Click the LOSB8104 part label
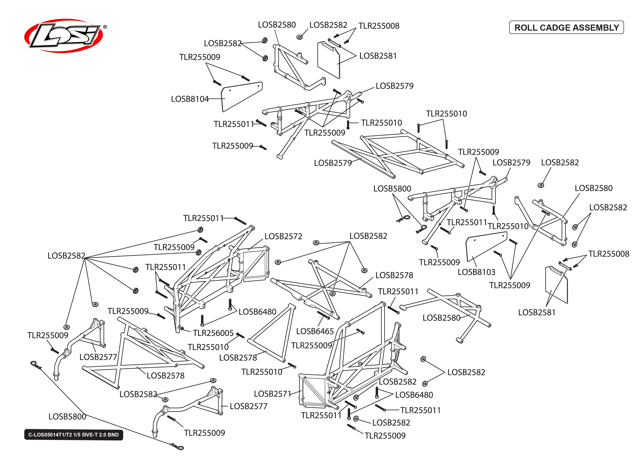(x=189, y=99)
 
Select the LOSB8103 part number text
(x=476, y=272)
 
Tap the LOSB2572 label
(x=283, y=236)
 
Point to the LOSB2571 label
(x=272, y=394)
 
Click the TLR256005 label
(x=213, y=333)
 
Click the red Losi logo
(x=64, y=36)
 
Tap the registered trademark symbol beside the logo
(x=105, y=27)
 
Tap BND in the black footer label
(x=113, y=435)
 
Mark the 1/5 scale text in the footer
(x=77, y=435)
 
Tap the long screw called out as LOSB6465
(x=323, y=315)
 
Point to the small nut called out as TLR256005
(x=182, y=329)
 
